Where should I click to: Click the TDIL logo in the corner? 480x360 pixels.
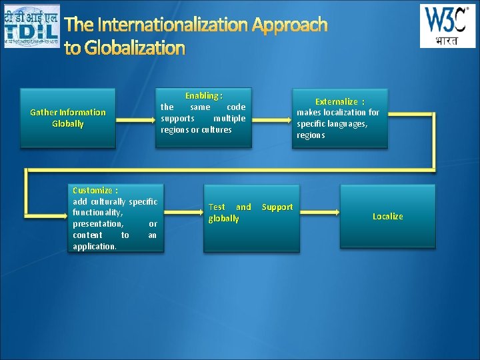coord(31,25)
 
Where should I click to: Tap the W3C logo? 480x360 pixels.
coord(447,26)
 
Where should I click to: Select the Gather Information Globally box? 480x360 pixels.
coord(67,118)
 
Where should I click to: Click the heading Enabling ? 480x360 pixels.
coord(203,96)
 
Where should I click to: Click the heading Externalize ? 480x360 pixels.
coord(339,101)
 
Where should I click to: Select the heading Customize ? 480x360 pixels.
coord(95,190)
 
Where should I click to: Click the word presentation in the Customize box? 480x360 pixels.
coord(97,224)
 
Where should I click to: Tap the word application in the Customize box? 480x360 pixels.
coord(94,246)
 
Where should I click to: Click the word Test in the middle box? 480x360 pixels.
coord(217,207)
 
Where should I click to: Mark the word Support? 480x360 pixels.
coord(277,207)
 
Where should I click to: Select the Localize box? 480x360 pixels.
coord(387,216)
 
